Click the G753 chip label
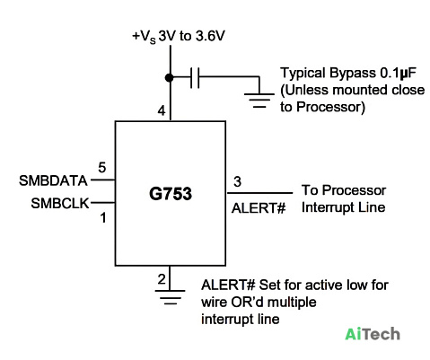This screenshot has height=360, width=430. (x=171, y=194)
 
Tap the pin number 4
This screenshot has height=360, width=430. (x=162, y=110)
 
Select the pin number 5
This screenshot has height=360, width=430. (x=102, y=168)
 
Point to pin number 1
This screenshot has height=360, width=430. (x=103, y=218)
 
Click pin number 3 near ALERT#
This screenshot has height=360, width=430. (x=237, y=181)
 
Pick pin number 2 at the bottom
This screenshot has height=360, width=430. (x=162, y=279)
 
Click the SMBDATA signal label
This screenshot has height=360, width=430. (x=53, y=180)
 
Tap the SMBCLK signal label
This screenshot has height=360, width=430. (x=60, y=204)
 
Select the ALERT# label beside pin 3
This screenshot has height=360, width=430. (x=259, y=208)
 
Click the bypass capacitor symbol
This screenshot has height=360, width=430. (x=195, y=77)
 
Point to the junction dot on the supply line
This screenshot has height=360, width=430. (x=170, y=78)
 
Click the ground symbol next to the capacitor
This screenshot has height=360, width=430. (x=259, y=100)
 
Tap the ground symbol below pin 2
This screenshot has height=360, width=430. (x=170, y=297)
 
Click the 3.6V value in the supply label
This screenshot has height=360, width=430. (x=210, y=36)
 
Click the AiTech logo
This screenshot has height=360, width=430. (x=373, y=334)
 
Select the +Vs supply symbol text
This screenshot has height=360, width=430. (x=144, y=37)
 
